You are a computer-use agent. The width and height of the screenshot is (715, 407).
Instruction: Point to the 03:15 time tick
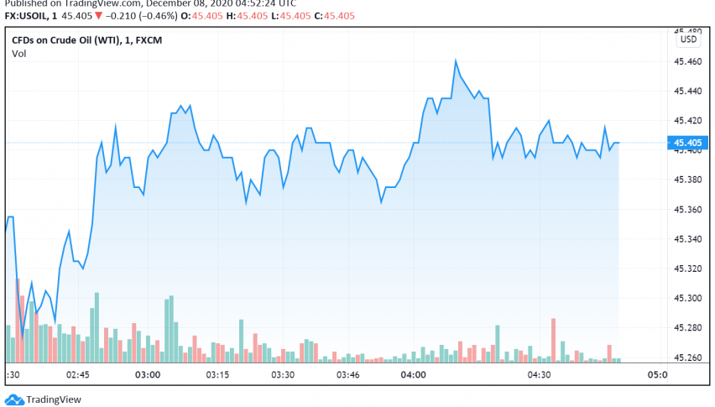coord(217,374)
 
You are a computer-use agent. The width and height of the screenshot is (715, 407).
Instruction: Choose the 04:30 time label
coord(539,374)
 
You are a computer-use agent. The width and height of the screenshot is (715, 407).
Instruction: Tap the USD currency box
coord(688,39)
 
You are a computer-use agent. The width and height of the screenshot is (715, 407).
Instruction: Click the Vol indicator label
coord(18,54)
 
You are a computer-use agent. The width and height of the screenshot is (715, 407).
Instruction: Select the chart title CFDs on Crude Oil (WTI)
coord(72,39)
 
